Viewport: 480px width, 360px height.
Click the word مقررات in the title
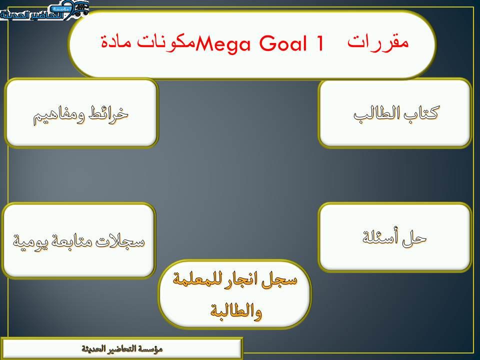tap(378, 42)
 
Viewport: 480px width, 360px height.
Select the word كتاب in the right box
tap(419, 113)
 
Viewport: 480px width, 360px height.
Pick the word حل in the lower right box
tap(415, 237)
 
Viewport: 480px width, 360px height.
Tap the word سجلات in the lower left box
tap(125, 241)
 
